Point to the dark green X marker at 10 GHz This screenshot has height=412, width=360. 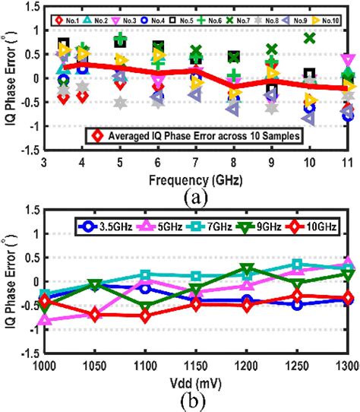(309, 37)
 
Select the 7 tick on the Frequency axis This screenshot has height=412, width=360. (195, 163)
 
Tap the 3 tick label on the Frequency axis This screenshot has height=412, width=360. (45, 163)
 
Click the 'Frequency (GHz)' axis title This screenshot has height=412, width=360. (196, 179)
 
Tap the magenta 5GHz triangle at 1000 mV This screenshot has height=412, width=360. (46, 320)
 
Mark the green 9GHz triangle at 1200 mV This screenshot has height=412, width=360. (247, 268)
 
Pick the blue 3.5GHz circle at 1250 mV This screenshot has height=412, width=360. (297, 305)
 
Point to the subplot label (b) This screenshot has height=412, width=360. (197, 401)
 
